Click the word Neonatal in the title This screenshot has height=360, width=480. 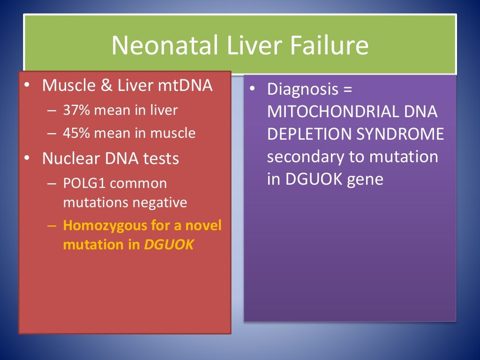pos(164,45)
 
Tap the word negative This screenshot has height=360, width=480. pos(161,202)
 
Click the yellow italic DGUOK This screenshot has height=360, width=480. pos(168,245)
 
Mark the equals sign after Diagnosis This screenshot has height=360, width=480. pos(351,90)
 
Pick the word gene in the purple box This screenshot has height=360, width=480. pos(365,180)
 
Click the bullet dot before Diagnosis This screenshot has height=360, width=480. pos(252,89)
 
